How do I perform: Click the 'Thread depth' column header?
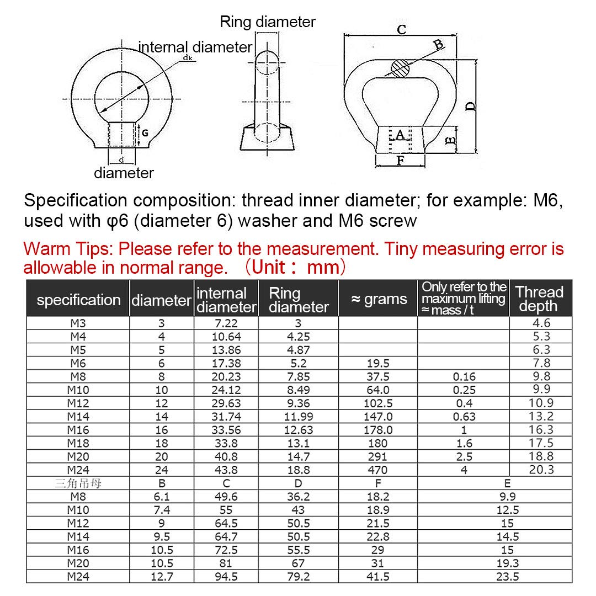[540, 299]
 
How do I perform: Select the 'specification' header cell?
[78, 300]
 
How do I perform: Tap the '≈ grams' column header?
[379, 299]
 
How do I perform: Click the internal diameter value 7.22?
[226, 323]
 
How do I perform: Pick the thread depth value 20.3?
[540, 470]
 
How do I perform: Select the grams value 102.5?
[378, 403]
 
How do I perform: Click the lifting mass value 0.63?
[464, 417]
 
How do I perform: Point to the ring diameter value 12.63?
[298, 430]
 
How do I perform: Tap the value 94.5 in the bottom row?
[226, 577]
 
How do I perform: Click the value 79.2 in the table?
[298, 577]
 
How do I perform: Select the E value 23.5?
[507, 577]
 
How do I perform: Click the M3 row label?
[78, 323]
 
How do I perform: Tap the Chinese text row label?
[78, 483]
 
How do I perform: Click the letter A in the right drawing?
[400, 134]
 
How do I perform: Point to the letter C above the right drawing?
[402, 30]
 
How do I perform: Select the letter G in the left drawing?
[145, 133]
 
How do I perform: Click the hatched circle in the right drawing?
[401, 68]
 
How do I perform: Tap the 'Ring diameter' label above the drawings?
[268, 22]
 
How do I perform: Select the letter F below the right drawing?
[401, 161]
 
